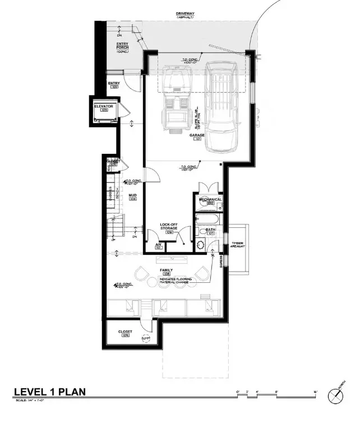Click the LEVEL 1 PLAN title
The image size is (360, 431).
[49, 391]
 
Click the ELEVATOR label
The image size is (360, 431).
[104, 107]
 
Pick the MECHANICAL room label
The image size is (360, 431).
[208, 200]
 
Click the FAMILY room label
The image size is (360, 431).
[166, 271]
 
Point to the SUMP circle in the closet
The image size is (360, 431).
[146, 338]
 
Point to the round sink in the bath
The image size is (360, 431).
[200, 245]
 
